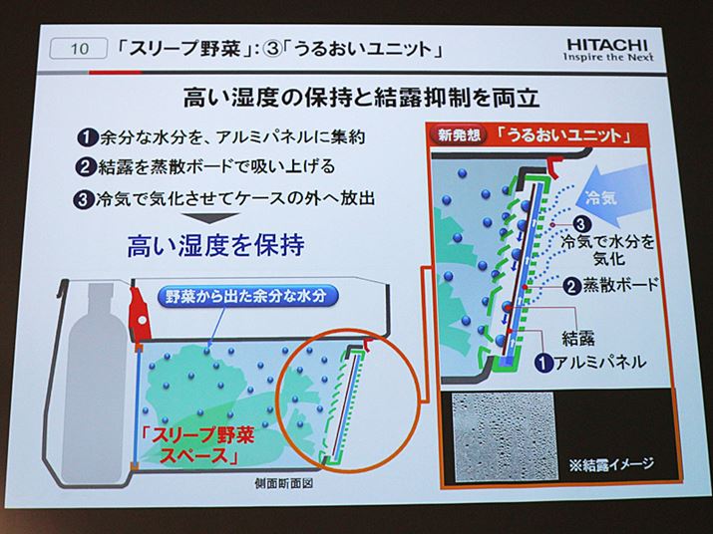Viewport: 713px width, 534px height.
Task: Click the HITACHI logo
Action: [608, 50]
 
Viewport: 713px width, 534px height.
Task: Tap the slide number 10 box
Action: [78, 48]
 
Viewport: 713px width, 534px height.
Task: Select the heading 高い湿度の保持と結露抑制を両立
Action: [362, 98]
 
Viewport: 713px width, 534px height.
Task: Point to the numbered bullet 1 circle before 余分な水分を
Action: [87, 137]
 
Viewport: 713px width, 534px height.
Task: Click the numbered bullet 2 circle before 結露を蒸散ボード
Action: [85, 167]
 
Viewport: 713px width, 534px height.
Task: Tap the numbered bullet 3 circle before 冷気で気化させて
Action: [83, 199]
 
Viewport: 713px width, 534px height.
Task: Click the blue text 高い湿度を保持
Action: [215, 245]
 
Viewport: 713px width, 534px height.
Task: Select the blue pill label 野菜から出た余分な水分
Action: [247, 296]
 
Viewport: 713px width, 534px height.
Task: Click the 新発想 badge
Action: [460, 134]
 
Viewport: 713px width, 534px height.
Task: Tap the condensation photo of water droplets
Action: [505, 436]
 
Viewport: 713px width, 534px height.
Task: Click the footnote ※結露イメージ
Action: [611, 463]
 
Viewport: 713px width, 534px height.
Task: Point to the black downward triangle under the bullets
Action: [210, 217]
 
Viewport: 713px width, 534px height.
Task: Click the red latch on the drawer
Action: [140, 312]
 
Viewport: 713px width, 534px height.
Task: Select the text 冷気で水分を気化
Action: [608, 249]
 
